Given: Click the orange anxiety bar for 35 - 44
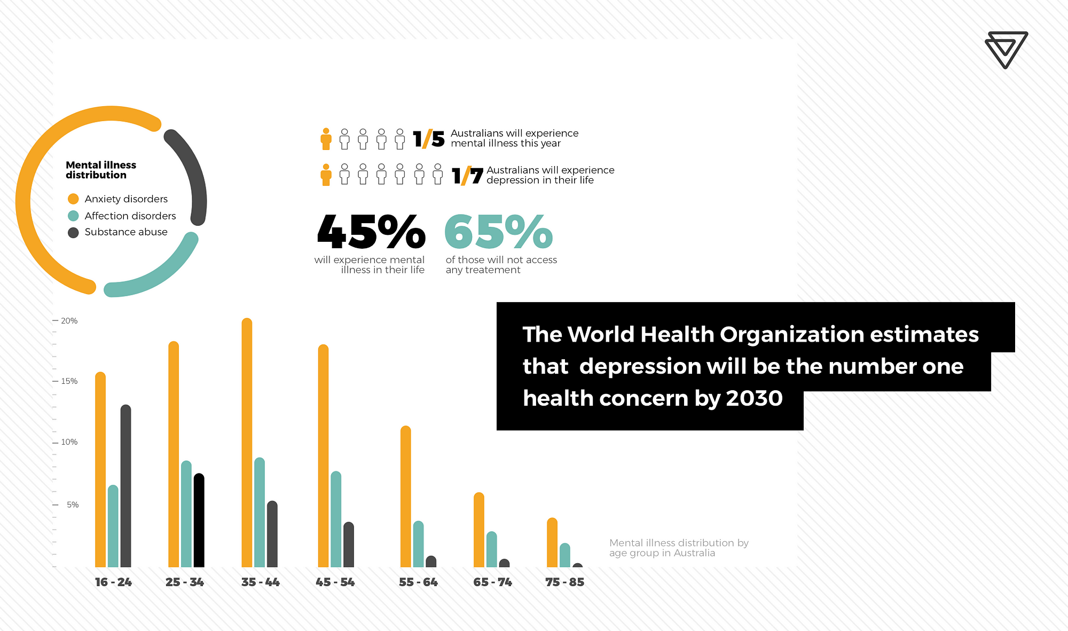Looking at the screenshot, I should tap(247, 443).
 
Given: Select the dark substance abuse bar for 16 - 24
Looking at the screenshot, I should tap(125, 486).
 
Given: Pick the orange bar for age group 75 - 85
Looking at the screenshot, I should tap(552, 542).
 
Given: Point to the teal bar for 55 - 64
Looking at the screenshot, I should tap(418, 544).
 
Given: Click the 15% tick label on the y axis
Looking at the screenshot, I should tap(69, 381).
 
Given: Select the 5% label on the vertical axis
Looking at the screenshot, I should tap(72, 504).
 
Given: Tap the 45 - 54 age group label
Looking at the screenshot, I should tap(335, 582).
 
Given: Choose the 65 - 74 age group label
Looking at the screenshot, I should tap(492, 582).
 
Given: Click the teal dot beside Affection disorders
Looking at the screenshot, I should tap(73, 216).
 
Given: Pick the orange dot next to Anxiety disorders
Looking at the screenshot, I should tap(73, 199).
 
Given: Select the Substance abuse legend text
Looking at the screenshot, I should tap(126, 232).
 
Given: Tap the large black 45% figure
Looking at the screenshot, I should tap(371, 232).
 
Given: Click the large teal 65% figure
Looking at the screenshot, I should tap(498, 232).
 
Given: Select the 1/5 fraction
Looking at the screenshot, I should tap(428, 139).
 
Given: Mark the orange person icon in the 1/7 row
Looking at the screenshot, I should tap(326, 175).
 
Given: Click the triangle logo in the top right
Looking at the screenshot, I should tap(1006, 50).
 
